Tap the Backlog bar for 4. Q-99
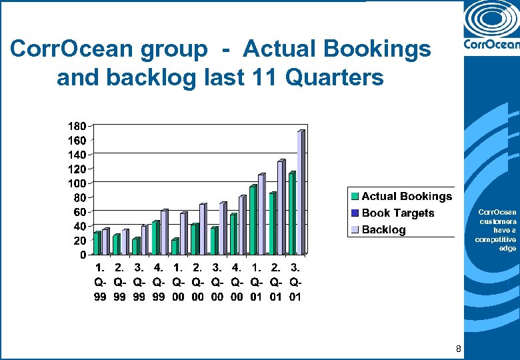[164, 232]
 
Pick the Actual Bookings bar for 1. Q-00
[175, 247]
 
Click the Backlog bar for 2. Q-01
[281, 207]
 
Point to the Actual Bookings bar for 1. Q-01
[253, 220]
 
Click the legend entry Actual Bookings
[406, 197]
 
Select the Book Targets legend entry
[397, 213]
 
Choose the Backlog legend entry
[383, 230]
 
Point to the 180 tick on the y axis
[77, 126]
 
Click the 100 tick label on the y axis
[77, 183]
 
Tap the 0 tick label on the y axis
[82, 255]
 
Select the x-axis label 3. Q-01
[295, 282]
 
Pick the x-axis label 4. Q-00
[236, 282]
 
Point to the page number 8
[458, 349]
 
